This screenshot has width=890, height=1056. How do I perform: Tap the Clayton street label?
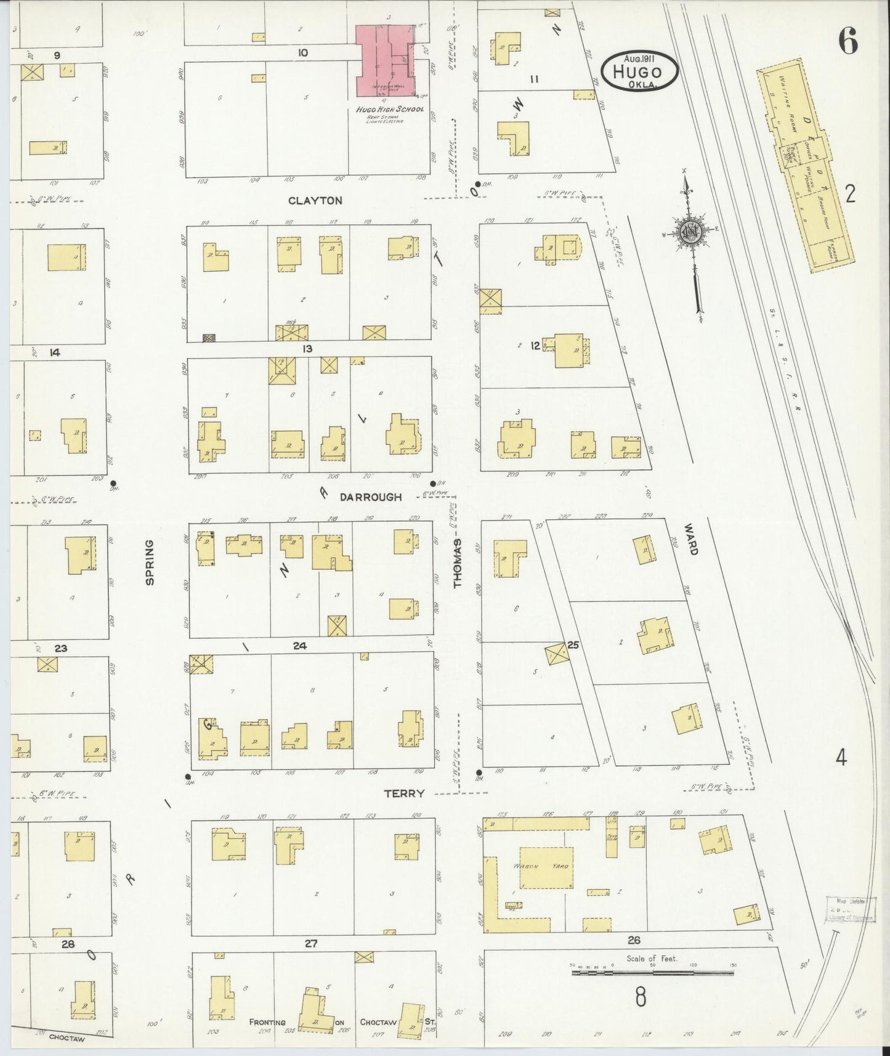click(315, 200)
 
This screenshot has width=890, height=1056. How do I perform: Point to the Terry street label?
click(404, 794)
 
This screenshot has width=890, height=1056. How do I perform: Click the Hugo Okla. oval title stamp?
click(640, 71)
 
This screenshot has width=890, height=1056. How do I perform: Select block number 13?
click(307, 349)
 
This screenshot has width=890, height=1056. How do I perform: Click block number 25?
click(573, 645)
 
